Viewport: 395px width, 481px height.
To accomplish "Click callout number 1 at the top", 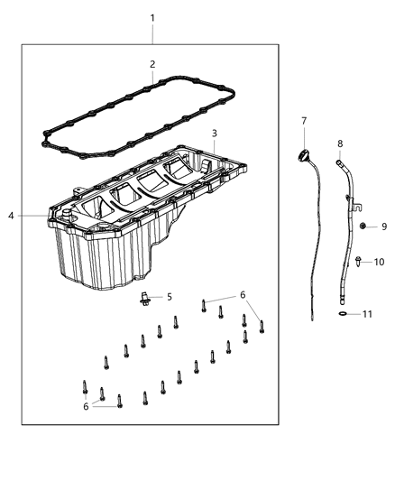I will (152, 18).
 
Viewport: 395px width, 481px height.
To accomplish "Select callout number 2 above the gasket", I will (152, 64).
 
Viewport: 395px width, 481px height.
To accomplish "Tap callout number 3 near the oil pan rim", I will (214, 134).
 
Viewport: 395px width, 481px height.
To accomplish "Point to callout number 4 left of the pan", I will (11, 216).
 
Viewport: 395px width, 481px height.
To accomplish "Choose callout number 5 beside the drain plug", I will (168, 296).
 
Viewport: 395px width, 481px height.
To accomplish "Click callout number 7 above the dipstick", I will (304, 120).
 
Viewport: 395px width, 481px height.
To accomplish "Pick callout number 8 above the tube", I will (340, 143).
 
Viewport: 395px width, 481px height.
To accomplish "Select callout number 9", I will (382, 226).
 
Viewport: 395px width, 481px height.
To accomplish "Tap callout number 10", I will (380, 262).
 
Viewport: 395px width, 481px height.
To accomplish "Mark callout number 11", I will (368, 314).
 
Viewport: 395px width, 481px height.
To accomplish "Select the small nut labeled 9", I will (361, 226).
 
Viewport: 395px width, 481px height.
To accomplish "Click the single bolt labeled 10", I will (358, 262).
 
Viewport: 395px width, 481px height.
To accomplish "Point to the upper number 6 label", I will (242, 295).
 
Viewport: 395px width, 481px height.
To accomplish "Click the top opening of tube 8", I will (339, 162).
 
